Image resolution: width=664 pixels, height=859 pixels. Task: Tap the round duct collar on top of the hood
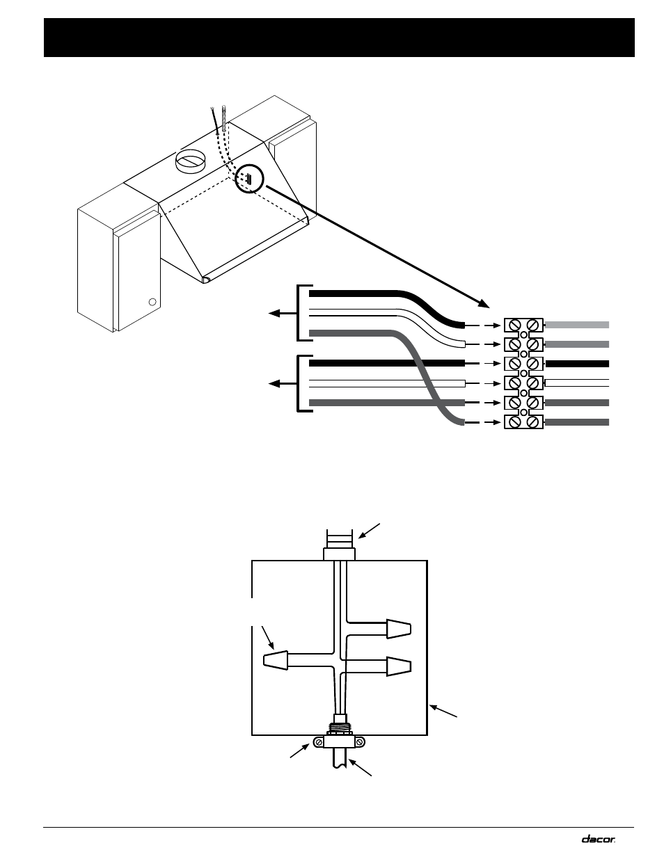tap(190, 161)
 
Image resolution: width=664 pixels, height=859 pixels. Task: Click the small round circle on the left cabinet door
tap(152, 302)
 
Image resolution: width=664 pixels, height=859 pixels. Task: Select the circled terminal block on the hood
tap(249, 178)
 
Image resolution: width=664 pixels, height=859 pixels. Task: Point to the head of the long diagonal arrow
tap(484, 303)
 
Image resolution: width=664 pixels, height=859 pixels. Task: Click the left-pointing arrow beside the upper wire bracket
tap(283, 314)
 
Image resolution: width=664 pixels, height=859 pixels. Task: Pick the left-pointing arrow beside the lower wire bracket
tap(283, 383)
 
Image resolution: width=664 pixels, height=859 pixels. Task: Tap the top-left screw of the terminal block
tap(514, 326)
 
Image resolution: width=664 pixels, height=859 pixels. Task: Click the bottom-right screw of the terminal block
tap(533, 422)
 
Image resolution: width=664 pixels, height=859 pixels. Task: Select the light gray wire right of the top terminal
tap(577, 325)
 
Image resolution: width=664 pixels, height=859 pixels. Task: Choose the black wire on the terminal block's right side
tap(577, 364)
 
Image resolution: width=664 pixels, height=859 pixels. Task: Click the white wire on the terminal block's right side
tap(577, 383)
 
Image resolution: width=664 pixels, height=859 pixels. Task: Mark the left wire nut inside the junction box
tap(275, 660)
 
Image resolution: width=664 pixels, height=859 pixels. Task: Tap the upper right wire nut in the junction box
tap(399, 629)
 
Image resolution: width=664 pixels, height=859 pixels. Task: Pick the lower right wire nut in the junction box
tap(399, 666)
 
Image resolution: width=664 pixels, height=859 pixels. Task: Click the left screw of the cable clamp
tap(319, 742)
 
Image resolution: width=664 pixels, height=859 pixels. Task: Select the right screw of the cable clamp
tap(359, 742)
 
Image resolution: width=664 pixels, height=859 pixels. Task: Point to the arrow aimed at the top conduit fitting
tap(369, 531)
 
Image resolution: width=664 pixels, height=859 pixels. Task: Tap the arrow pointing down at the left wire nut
tap(268, 638)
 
